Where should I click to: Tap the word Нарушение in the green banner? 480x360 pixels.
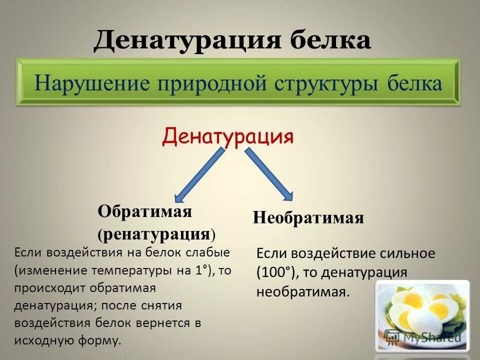point(93,83)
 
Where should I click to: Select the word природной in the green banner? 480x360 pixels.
point(212,83)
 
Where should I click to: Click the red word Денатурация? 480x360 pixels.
point(227,135)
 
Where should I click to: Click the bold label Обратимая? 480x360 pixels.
point(145,211)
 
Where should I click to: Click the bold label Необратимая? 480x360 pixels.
point(308,218)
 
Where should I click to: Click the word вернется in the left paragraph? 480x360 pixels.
point(163,323)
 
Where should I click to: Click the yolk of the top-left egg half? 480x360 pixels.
point(413,300)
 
